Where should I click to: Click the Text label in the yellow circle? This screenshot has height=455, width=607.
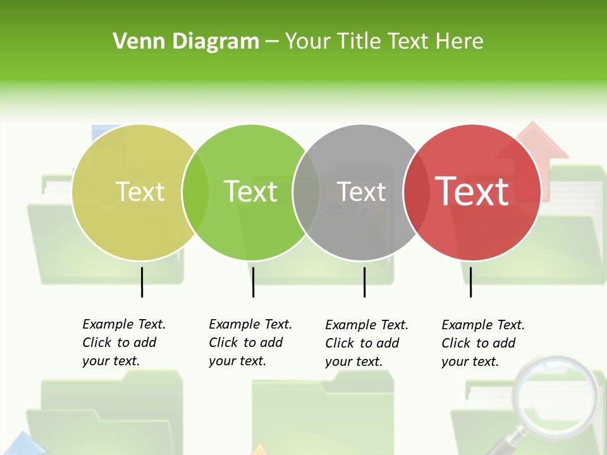point(140,191)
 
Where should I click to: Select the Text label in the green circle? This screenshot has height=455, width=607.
point(251,191)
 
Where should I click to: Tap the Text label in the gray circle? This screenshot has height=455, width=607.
point(361,191)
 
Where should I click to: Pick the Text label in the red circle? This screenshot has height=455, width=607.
point(472,191)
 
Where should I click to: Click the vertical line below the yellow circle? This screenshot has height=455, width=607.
point(142,282)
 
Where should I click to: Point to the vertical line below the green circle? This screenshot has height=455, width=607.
point(253,282)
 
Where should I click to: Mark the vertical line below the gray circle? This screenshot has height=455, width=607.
point(364,282)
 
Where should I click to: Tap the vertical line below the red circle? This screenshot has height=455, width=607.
point(470,282)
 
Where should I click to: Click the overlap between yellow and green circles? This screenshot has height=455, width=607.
point(195,192)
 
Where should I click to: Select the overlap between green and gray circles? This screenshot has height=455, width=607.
point(306,192)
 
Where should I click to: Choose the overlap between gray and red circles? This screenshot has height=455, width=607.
point(416,192)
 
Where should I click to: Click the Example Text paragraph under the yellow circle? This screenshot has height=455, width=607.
point(123,343)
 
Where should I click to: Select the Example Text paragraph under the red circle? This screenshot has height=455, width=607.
point(482,343)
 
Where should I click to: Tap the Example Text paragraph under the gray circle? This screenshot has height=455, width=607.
point(366,343)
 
